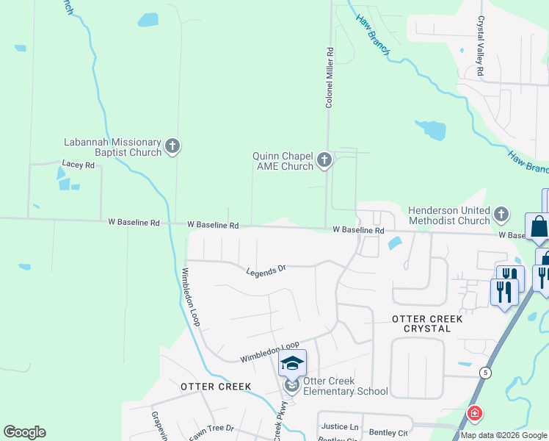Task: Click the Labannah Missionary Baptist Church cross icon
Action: coord(172,146)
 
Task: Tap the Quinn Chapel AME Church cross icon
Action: coord(324,159)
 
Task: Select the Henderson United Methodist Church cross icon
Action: coord(501,214)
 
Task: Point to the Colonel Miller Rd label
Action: coord(330,79)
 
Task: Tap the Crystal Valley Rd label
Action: coord(481,47)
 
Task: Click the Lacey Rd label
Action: coord(79,166)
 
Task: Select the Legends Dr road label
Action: coord(266,270)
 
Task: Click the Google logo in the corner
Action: coord(24,432)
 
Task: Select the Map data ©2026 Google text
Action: coord(503,435)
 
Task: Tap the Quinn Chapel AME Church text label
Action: coord(283,161)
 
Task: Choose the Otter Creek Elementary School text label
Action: coord(345,386)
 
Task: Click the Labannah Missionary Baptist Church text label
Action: coord(112,147)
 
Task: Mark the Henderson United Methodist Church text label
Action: coord(439,215)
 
